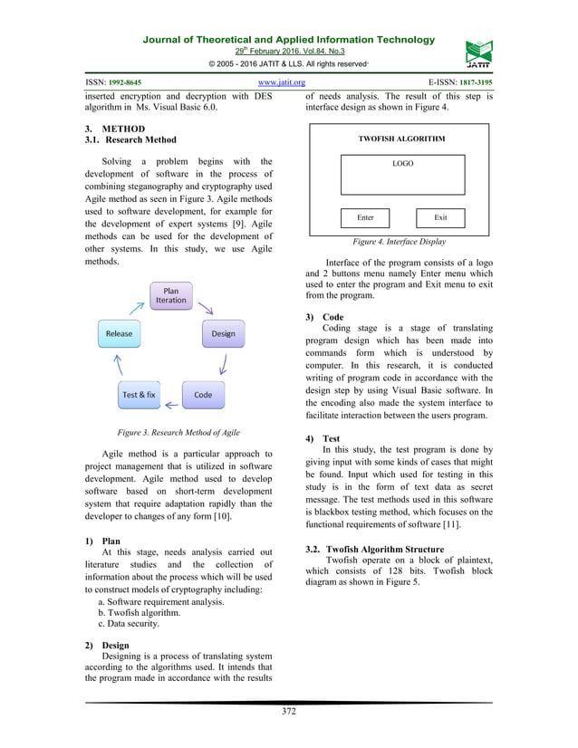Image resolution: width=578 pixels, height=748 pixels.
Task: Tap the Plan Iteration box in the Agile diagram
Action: pos(171,295)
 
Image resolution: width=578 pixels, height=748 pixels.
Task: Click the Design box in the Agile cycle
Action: pos(223,333)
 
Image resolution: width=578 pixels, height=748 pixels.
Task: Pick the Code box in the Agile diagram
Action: pos(203,395)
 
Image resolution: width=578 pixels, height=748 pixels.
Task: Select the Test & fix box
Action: pos(139,395)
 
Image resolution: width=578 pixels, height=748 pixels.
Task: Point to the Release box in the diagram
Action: pos(119,333)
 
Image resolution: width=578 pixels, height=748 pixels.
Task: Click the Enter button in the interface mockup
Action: pos(365,217)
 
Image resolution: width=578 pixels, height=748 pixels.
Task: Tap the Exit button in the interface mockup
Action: pos(440,217)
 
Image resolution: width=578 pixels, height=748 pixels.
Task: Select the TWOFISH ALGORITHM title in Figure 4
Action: pos(402,139)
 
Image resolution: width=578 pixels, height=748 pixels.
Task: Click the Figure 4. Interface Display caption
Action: pos(399,242)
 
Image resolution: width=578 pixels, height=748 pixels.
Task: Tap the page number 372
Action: pos(288,711)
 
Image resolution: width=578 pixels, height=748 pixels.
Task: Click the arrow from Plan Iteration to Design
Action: pos(206,308)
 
